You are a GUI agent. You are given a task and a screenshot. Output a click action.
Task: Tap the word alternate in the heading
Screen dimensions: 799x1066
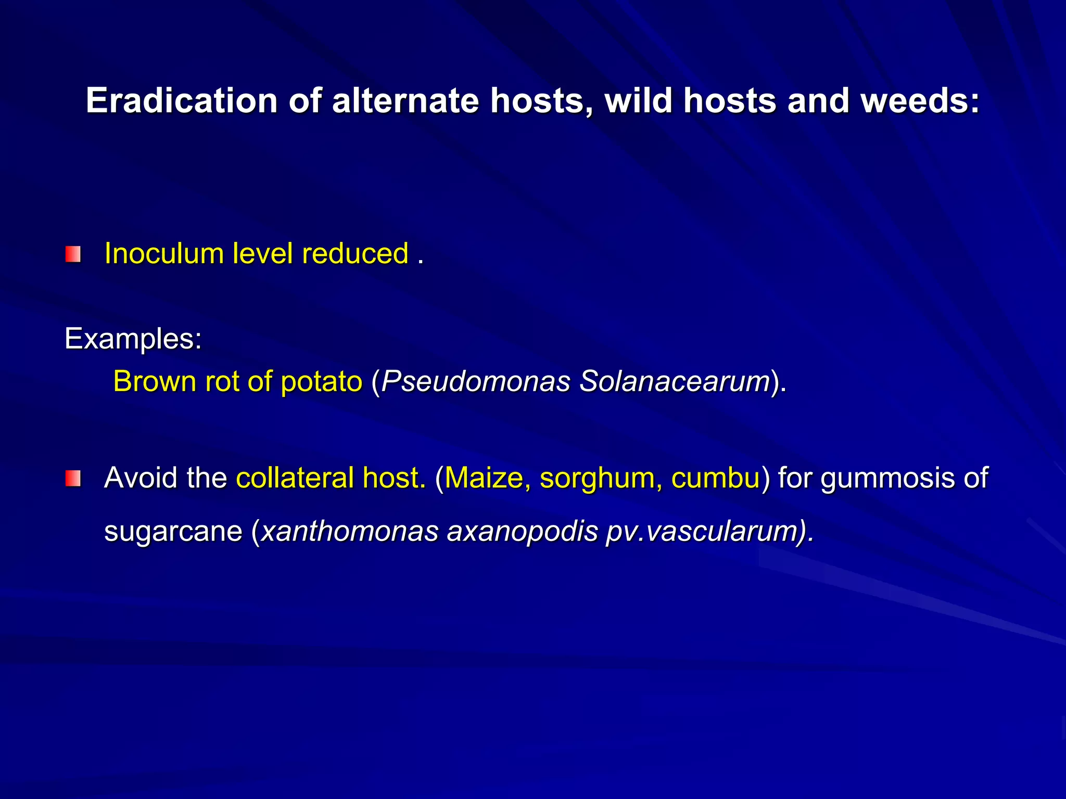point(405,100)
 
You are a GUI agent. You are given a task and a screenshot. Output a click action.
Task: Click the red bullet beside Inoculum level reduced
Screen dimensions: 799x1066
point(73,254)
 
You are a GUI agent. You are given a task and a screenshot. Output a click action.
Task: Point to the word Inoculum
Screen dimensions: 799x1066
point(164,254)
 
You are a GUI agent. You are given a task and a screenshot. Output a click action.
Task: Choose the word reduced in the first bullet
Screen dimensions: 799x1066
point(355,254)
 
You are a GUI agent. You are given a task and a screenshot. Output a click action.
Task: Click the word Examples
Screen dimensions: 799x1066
point(133,339)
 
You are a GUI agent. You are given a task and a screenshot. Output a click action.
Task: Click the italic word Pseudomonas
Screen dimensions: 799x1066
point(476,381)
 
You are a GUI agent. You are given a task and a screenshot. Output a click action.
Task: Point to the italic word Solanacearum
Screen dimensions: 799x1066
point(675,381)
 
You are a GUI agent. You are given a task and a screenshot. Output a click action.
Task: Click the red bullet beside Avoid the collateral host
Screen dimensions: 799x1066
point(73,479)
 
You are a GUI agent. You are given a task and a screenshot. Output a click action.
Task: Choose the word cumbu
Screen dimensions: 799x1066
point(716,478)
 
